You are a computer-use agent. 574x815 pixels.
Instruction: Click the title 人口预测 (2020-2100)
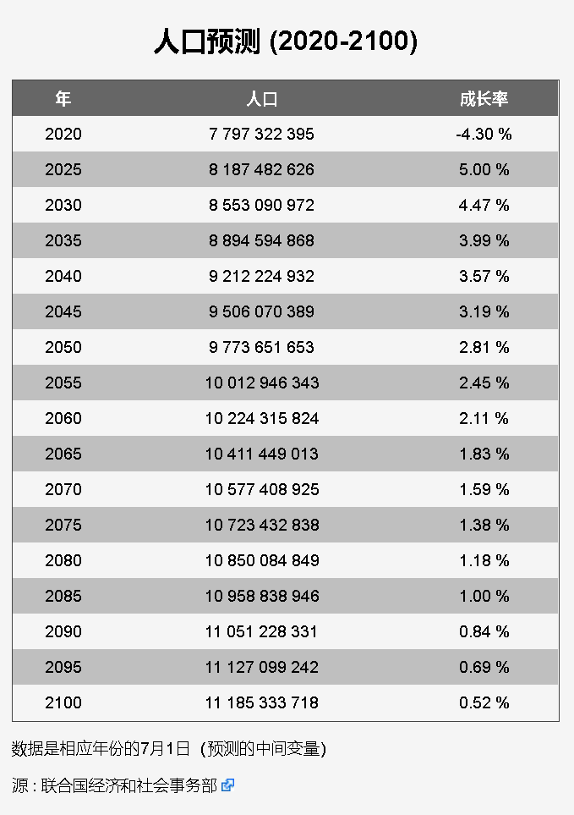point(286,41)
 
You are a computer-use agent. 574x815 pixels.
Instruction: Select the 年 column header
point(63,99)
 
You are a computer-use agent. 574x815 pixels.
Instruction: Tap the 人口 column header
point(262,99)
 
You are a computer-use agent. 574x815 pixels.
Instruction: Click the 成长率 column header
point(484,99)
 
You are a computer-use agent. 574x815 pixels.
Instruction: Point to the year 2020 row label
point(63,134)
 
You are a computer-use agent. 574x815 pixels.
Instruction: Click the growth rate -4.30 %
point(484,134)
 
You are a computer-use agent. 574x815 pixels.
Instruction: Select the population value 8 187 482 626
point(262,169)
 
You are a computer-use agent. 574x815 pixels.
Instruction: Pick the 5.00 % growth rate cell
point(484,169)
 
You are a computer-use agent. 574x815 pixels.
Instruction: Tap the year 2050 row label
point(63,347)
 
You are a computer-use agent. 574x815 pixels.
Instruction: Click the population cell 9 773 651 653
point(262,347)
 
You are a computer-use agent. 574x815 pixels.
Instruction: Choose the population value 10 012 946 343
point(262,383)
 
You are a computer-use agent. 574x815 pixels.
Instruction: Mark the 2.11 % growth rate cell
point(484,418)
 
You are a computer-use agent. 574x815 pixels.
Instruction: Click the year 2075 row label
point(63,525)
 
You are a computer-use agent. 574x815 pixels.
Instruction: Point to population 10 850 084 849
point(262,560)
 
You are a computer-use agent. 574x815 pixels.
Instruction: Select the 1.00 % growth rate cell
point(484,596)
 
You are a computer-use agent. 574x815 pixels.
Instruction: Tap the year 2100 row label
point(63,702)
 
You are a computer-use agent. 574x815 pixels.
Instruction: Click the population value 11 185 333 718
point(262,702)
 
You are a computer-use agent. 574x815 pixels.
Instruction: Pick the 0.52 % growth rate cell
point(484,702)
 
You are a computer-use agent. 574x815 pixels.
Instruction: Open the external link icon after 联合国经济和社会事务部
point(227,785)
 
